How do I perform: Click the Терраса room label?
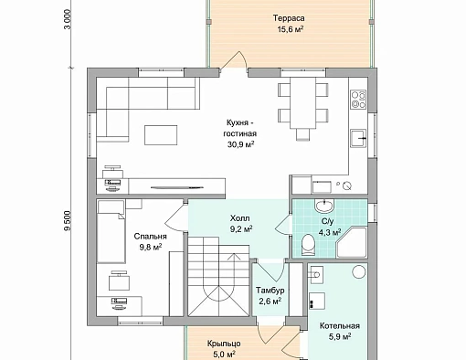[x=289, y=18]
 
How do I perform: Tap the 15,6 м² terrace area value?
[x=290, y=29]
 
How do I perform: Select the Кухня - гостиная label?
[x=240, y=128]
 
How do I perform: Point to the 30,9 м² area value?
[x=240, y=144]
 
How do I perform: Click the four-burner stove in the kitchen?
[x=358, y=100]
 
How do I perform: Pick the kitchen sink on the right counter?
[x=358, y=138]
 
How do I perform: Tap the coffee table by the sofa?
[x=161, y=135]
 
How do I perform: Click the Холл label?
[x=240, y=218]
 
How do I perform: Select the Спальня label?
[x=150, y=237]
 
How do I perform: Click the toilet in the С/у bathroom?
[x=308, y=245]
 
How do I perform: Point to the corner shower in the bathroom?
[x=352, y=243]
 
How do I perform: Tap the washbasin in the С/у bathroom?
[x=324, y=206]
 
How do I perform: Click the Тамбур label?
[x=270, y=291]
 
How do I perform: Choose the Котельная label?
[x=340, y=326]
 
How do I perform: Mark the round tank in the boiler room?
[x=358, y=271]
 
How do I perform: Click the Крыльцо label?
[x=224, y=344]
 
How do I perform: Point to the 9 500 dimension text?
[x=68, y=221]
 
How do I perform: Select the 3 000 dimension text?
[x=68, y=19]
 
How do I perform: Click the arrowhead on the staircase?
[x=234, y=256]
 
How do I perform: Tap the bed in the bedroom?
[x=111, y=231]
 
